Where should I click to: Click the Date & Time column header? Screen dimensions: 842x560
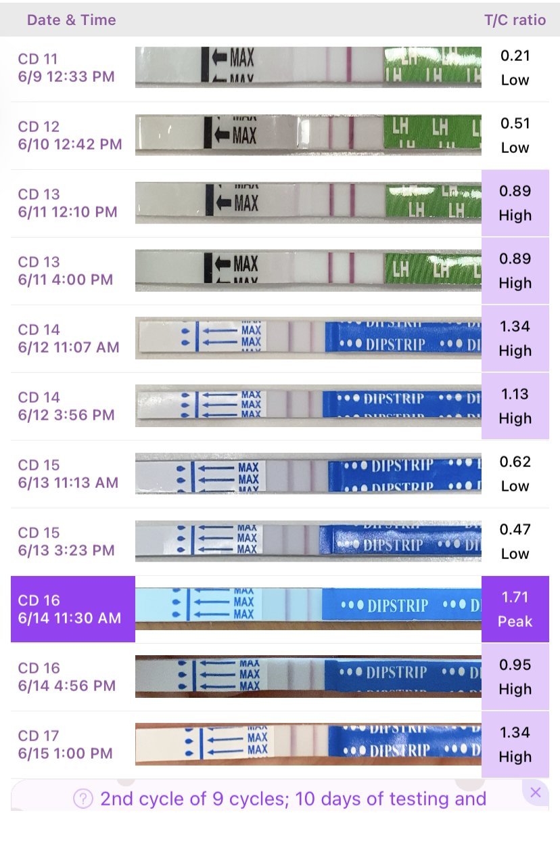coord(71,20)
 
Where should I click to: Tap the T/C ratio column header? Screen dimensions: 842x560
coord(515,20)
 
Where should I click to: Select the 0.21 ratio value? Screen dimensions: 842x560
coord(515,56)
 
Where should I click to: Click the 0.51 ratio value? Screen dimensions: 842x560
coord(515,123)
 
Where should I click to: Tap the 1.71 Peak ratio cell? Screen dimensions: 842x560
coord(515,608)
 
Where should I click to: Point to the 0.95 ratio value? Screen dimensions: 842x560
coord(515,665)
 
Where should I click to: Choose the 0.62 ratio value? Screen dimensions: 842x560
coord(515,462)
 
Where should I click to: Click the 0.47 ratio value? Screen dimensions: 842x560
coord(515,529)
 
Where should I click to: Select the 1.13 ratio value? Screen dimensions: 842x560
coord(515,394)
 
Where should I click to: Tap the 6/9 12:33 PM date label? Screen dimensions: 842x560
coord(66,76)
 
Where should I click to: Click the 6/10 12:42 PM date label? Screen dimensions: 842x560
coord(70,144)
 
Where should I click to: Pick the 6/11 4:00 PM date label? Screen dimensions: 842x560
coord(65,280)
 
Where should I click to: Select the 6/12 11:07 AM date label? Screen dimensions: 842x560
coord(68,347)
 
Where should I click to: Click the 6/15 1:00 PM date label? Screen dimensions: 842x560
coord(65,753)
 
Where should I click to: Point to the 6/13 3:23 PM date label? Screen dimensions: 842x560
coord(66,550)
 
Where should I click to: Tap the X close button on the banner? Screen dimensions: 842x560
coord(536,792)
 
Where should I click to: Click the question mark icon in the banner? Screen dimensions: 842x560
coord(83,799)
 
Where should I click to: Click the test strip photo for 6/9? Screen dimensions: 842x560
coord(308,67)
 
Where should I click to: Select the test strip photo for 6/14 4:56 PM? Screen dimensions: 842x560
coord(308,675)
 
